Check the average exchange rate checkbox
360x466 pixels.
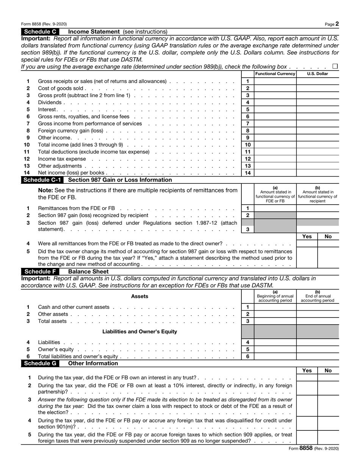coord(335,67)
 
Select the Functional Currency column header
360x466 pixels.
coord(275,74)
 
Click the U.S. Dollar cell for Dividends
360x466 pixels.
coord(318,103)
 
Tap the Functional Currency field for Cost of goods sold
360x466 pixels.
coord(275,88)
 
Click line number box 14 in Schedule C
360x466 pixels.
coord(247,173)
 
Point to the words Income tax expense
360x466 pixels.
coord(62,159)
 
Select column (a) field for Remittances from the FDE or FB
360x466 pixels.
coord(275,208)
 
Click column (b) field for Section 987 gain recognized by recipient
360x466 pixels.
coord(318,215)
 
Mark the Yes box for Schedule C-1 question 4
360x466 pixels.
coord(307,244)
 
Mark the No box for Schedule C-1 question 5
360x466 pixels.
coord(328,258)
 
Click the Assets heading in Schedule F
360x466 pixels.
coord(139,296)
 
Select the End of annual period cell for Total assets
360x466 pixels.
coord(318,321)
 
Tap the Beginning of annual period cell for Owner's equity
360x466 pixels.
coord(275,349)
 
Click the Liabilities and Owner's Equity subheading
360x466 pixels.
coord(139,332)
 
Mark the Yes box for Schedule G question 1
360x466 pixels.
coord(307,378)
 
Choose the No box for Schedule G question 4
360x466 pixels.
coord(328,424)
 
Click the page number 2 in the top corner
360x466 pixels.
coord(337,24)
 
